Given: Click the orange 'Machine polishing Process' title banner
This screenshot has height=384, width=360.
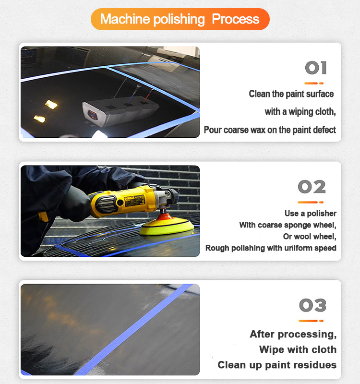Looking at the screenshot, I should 180,19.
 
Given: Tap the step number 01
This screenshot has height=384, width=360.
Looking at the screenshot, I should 316,68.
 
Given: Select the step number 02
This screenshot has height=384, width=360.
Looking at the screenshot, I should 312,187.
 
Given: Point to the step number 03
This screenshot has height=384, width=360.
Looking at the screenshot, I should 312,305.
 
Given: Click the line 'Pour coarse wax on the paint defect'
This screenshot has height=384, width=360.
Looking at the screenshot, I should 270,130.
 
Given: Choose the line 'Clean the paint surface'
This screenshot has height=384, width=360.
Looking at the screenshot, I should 291,94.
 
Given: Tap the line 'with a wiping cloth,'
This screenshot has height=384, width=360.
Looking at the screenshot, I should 300,112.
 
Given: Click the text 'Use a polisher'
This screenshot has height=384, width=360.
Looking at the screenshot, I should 310,214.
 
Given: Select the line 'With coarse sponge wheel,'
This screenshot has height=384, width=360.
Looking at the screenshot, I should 288,225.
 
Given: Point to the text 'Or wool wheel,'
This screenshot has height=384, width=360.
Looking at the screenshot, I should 310,237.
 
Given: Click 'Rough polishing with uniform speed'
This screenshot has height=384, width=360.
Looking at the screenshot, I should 271,248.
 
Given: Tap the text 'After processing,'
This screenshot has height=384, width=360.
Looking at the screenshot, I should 293,334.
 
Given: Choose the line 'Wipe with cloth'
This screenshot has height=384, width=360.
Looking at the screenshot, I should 298,349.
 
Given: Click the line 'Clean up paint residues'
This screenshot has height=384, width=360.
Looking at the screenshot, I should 277,365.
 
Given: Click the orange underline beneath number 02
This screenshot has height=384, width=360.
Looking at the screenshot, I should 311,202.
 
